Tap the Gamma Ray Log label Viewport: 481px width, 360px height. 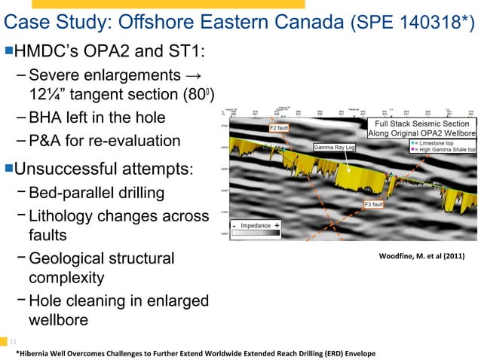point(334,147)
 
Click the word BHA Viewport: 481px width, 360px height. point(46,118)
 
